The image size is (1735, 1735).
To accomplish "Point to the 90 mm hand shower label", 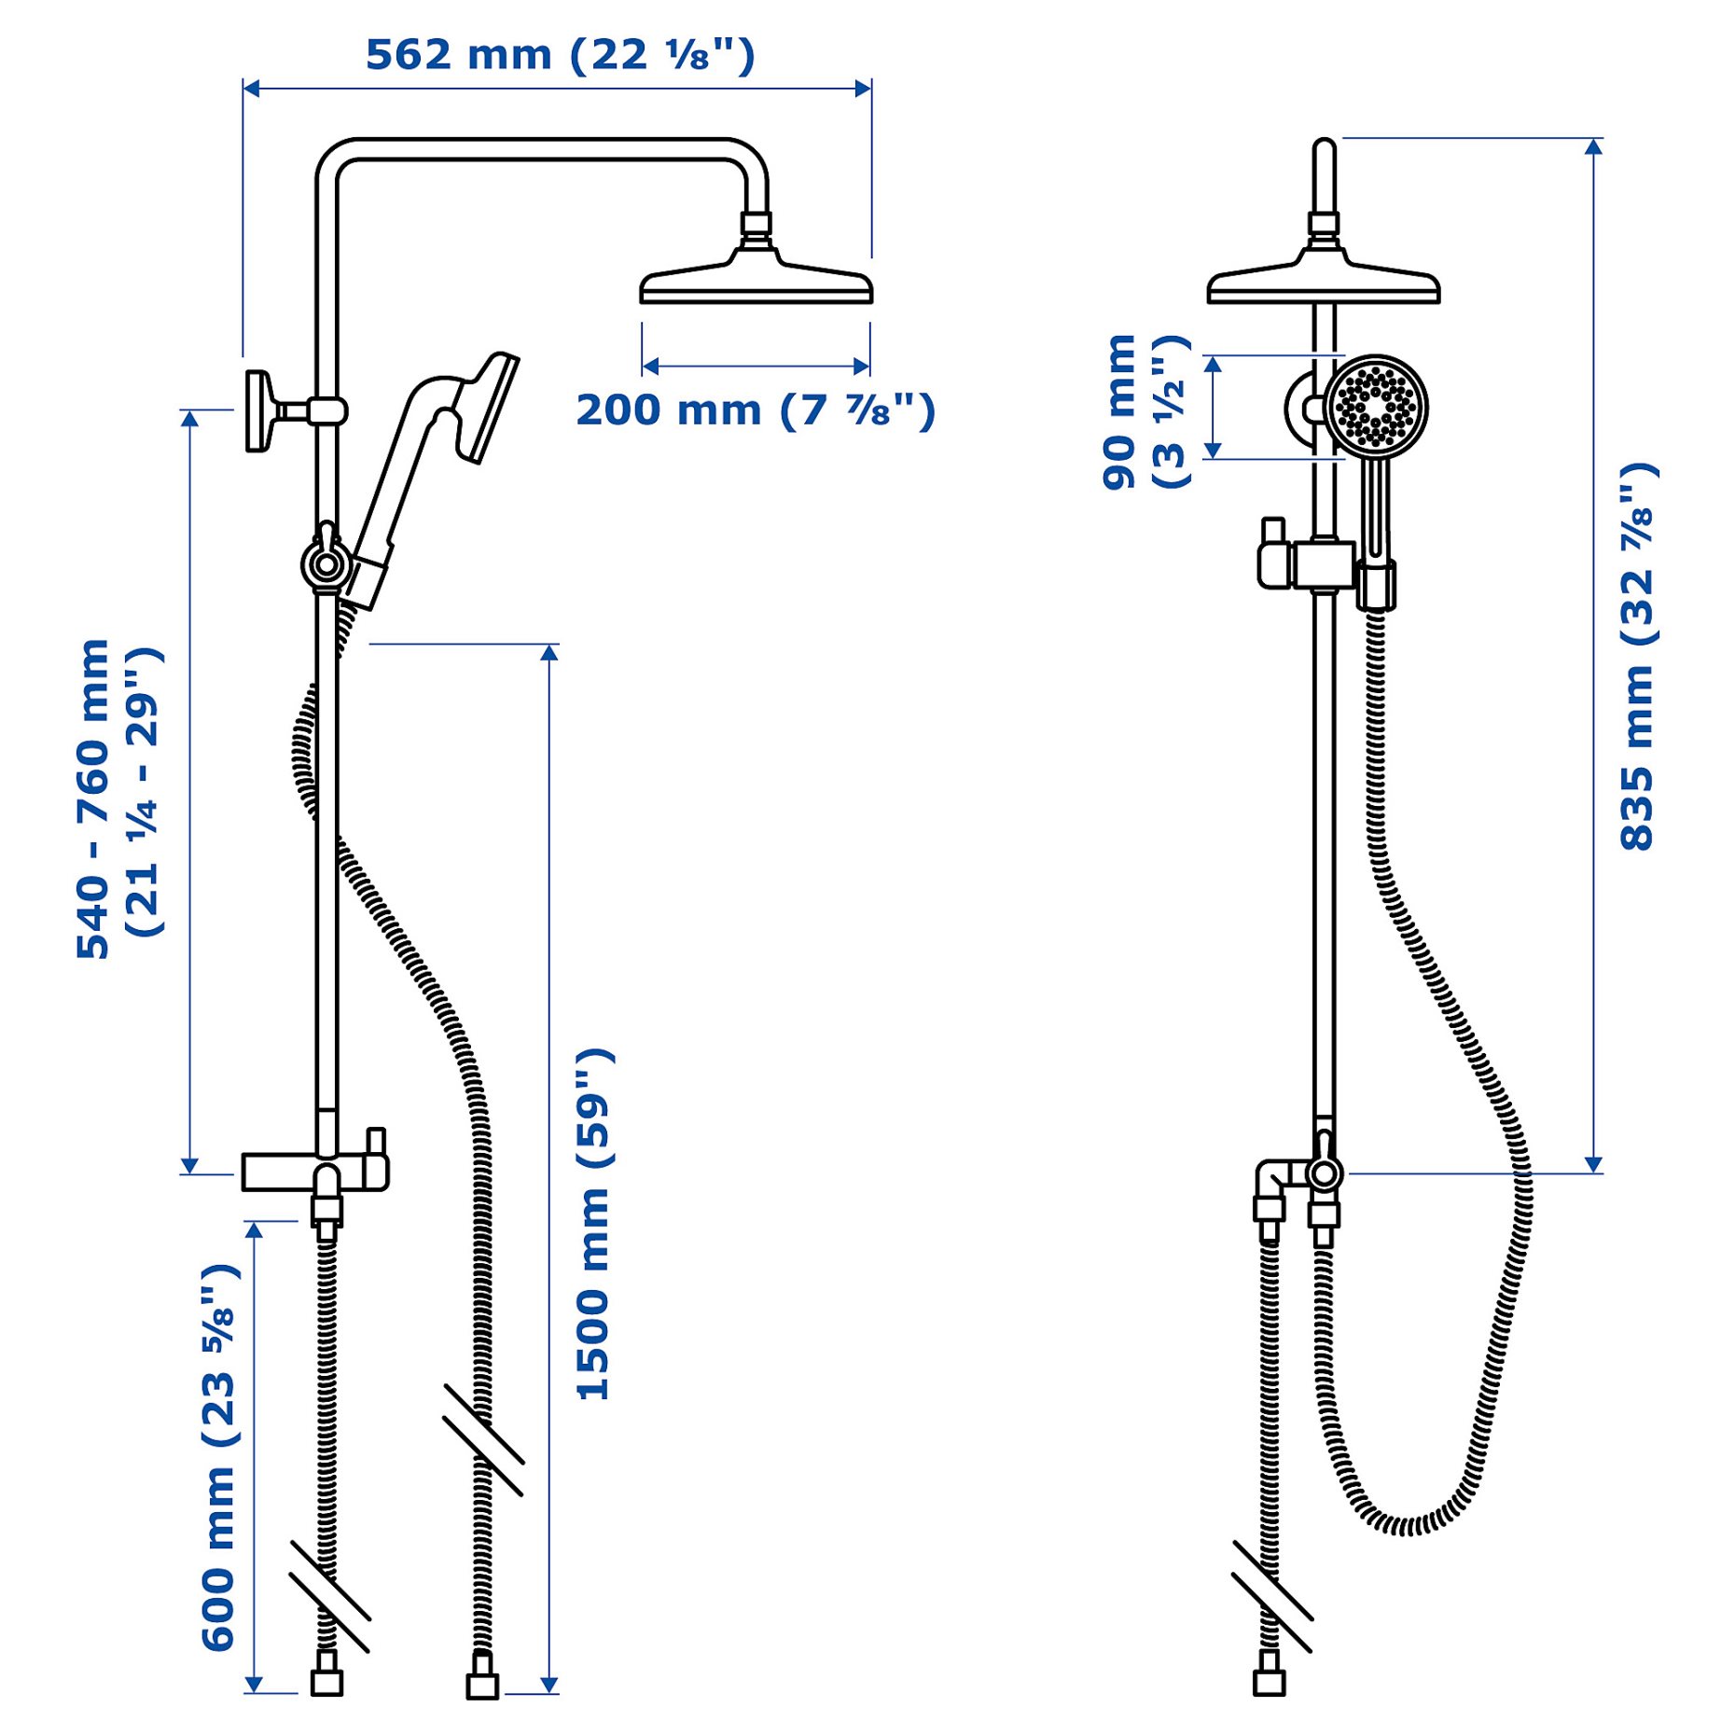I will [x=1145, y=411].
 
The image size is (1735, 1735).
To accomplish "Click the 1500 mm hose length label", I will [x=594, y=1223].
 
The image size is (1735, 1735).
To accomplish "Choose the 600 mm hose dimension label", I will [x=220, y=1456].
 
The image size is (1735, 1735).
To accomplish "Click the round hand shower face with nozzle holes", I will [x=1376, y=407].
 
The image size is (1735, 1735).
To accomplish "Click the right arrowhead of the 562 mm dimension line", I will [x=863, y=89].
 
